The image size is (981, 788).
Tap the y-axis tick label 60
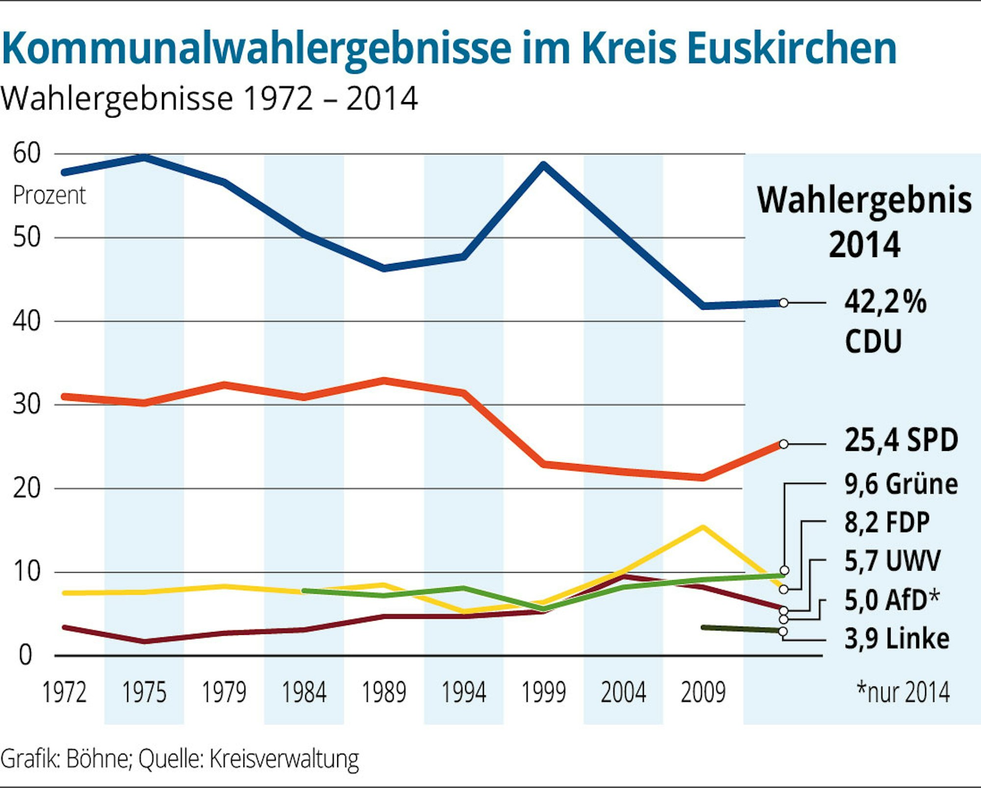point(27,153)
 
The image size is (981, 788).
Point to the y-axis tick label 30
point(27,405)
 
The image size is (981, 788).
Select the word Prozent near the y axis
point(49,195)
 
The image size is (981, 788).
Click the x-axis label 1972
point(64,692)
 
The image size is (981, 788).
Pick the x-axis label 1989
point(384,692)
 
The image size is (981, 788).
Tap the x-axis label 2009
point(703,692)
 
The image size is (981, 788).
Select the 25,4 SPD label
point(901,440)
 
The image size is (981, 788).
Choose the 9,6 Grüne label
point(901,484)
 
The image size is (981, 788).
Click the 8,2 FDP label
point(887,523)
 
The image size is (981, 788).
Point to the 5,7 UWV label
point(892,561)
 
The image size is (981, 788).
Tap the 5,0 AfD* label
point(891,600)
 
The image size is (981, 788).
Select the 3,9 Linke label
point(897,639)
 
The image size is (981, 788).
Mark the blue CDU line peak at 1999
point(544,165)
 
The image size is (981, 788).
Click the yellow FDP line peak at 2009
point(703,528)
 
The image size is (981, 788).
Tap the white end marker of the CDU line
point(784,303)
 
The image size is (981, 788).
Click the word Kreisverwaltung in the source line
point(284,759)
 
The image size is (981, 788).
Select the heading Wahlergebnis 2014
point(864,222)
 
